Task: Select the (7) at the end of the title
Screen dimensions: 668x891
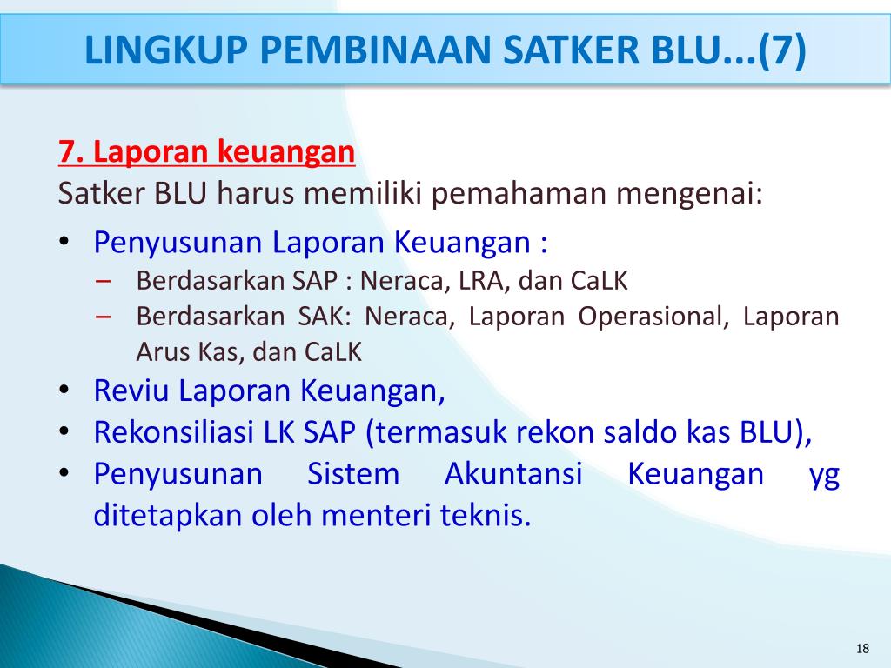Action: coord(781,51)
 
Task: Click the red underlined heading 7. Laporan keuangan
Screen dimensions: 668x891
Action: coord(207,153)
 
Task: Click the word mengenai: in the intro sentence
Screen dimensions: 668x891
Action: coord(689,192)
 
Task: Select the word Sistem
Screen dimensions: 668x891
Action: coord(353,475)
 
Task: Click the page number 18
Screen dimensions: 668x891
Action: coord(863,649)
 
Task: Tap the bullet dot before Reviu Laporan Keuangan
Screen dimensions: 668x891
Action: coord(65,391)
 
